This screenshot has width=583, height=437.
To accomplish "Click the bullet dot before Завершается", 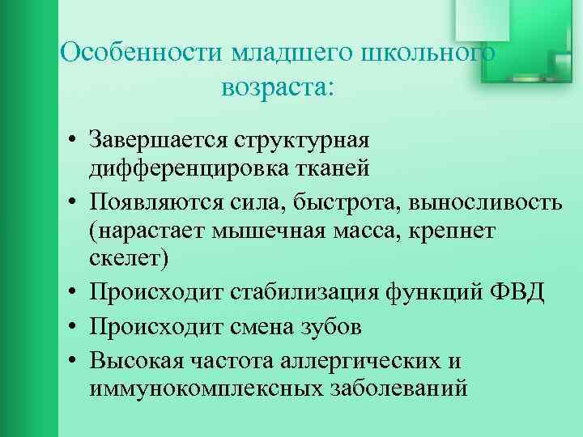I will pos(73,140).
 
